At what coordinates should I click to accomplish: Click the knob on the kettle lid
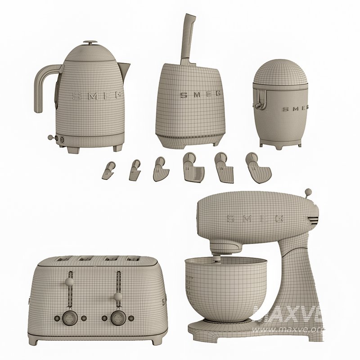click(90, 43)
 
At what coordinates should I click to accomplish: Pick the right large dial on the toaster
click(118, 317)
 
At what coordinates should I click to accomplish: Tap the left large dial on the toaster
click(70, 317)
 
